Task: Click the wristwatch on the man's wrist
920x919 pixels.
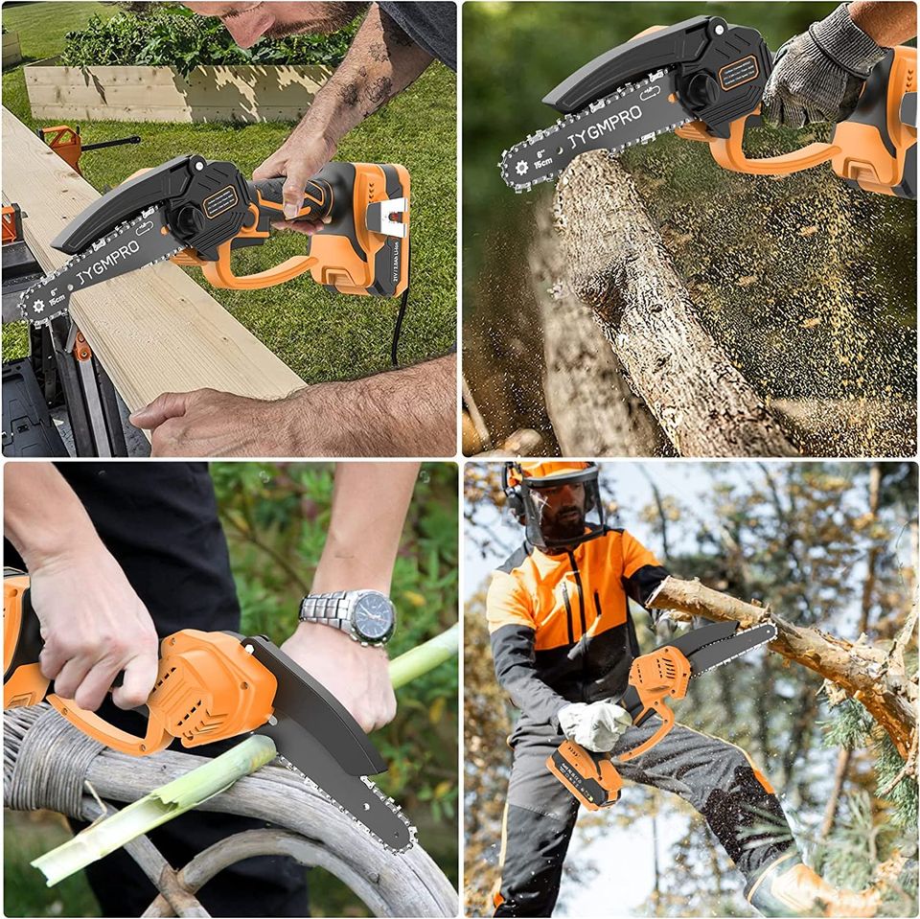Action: [x=362, y=614]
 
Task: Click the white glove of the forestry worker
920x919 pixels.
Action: [x=594, y=725]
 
